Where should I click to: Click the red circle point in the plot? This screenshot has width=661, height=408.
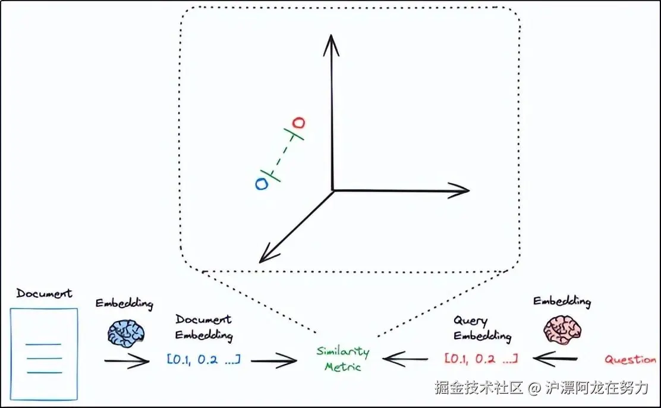tap(300, 123)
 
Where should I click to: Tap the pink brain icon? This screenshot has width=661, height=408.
tap(561, 328)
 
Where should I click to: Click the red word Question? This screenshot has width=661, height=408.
tap(630, 360)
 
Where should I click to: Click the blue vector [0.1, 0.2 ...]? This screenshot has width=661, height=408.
tap(203, 360)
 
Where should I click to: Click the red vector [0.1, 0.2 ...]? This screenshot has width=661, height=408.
tap(481, 359)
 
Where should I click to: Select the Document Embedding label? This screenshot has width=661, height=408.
tap(204, 328)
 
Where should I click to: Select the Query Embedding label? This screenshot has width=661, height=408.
tap(482, 328)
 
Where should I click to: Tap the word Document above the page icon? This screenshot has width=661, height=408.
tap(44, 294)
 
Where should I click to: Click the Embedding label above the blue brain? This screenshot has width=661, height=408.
tap(124, 303)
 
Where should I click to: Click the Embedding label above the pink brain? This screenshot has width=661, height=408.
tap(562, 302)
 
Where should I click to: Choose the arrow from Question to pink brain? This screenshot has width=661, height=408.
tap(556, 359)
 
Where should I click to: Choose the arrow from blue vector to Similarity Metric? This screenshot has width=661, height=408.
tap(275, 360)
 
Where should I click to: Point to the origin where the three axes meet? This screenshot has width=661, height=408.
tap(333, 190)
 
